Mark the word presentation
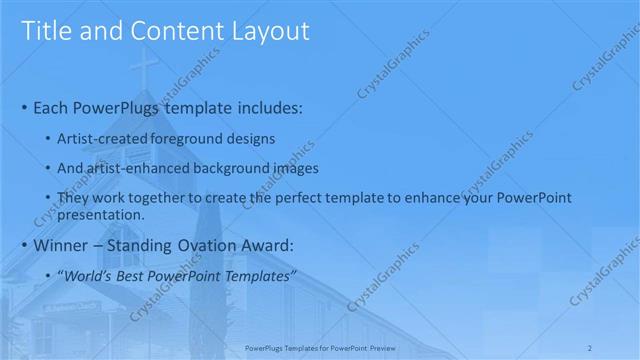[106, 214]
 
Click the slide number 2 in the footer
[590, 348]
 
